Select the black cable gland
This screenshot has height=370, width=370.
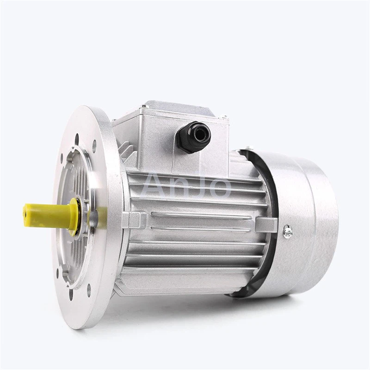click(x=194, y=137)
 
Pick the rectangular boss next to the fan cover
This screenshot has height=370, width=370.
click(x=266, y=224)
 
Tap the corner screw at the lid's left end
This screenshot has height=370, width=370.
click(x=113, y=121)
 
